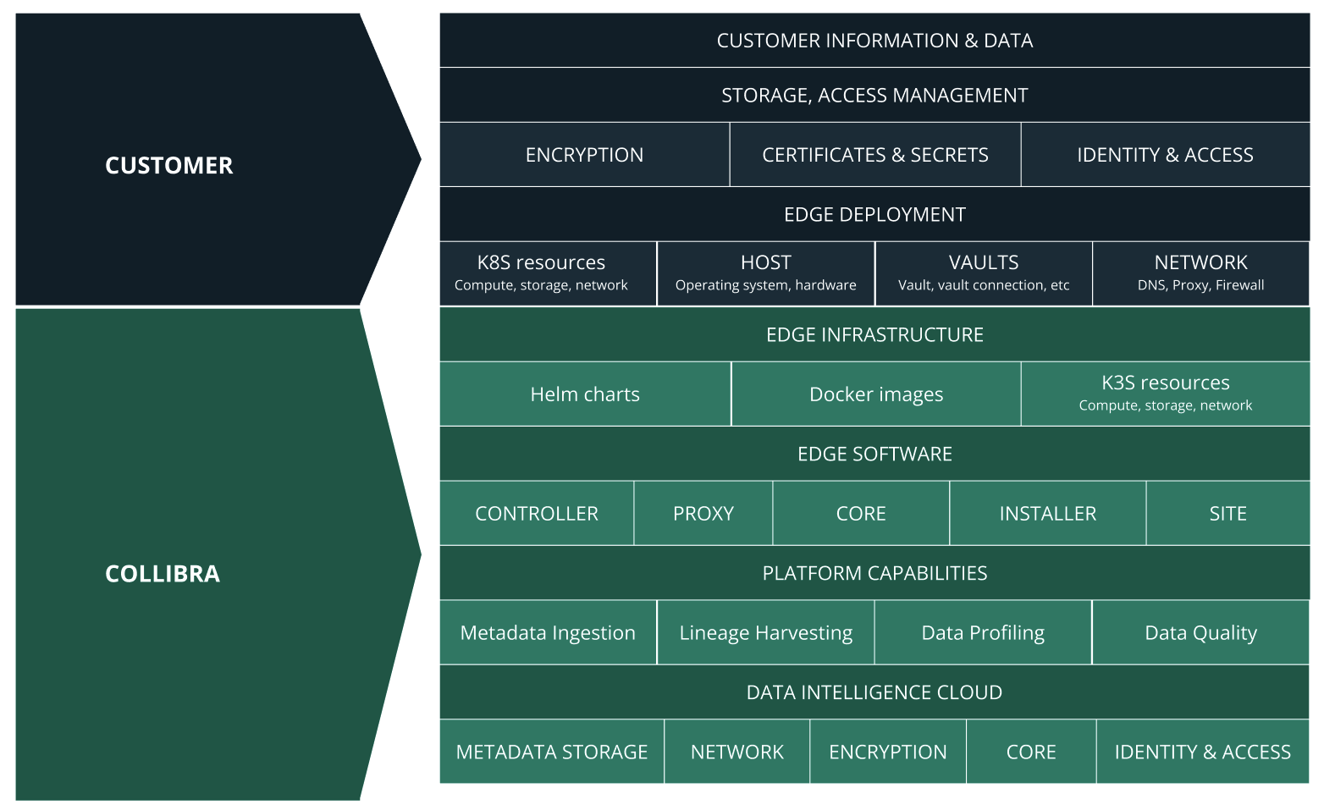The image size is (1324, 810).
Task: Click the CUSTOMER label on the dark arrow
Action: coord(168,165)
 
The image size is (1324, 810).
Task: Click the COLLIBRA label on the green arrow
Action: coord(163,574)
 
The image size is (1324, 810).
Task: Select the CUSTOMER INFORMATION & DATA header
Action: coord(874,41)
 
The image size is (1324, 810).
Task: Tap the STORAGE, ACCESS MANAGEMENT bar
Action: coord(874,96)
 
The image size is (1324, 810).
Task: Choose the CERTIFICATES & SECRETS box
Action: coord(874,155)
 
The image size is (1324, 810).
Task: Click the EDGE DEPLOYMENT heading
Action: coord(874,215)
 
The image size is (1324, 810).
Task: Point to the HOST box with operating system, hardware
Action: coord(765,273)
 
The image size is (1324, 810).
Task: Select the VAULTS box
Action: coord(984,273)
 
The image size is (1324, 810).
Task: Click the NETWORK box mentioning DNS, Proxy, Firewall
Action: coord(1200,273)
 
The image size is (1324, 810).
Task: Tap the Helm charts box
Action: coord(585,394)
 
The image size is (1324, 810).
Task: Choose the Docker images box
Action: coord(876,394)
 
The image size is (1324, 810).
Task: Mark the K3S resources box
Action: coord(1165,393)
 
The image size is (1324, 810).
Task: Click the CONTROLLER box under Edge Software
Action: coord(537,514)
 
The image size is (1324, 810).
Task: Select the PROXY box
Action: coord(703,514)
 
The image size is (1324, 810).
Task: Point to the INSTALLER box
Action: coord(1047,514)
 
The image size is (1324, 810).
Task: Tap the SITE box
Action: coord(1227,514)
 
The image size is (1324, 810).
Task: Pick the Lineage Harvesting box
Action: coord(765,633)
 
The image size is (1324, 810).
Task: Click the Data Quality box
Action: coord(1200,633)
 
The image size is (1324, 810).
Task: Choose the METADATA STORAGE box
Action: coord(552,752)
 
